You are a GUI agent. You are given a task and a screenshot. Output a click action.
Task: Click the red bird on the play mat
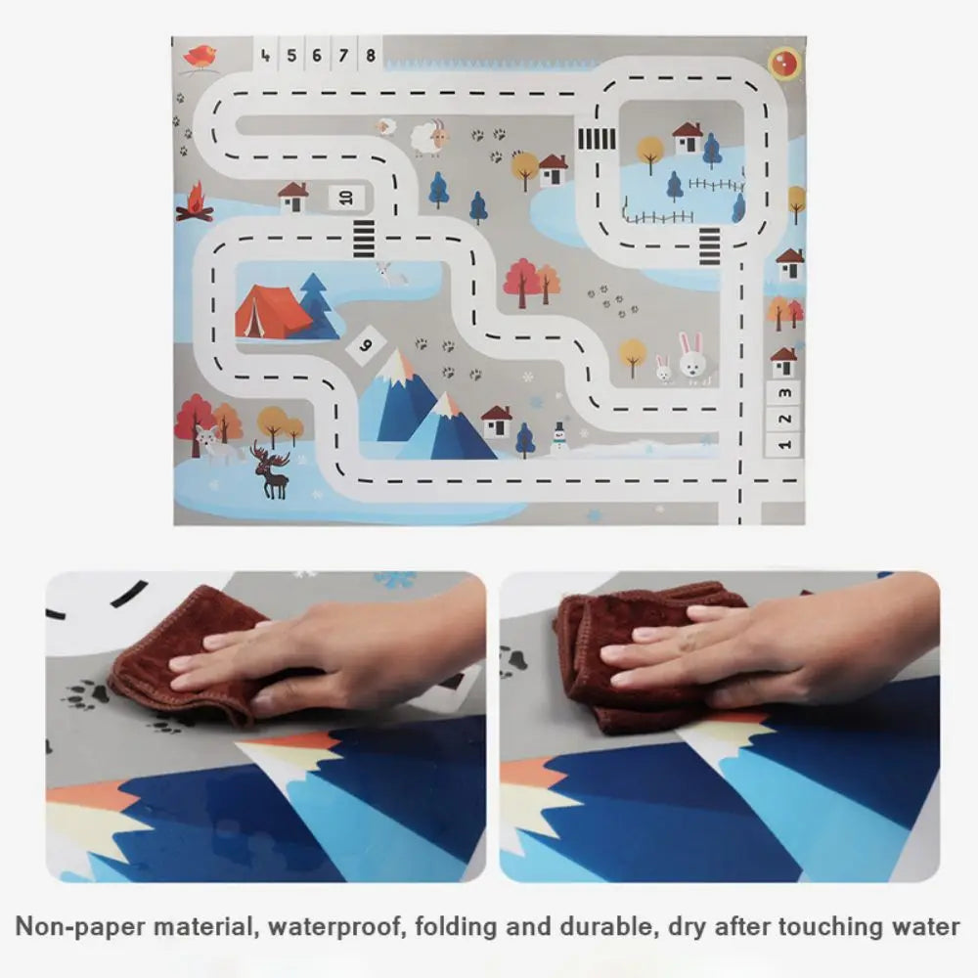coord(200,57)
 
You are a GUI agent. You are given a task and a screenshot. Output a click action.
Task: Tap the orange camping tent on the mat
coord(271,311)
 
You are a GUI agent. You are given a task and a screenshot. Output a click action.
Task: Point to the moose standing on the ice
coord(272,470)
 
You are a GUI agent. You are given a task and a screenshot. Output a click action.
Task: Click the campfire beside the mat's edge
coord(194,203)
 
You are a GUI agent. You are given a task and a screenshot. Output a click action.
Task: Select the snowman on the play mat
coord(558,436)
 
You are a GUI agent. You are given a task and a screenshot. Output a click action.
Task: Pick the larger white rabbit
coord(692,357)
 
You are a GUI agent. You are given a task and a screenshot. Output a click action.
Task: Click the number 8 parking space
coord(370,55)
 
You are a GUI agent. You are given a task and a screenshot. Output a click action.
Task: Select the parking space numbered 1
coord(783,443)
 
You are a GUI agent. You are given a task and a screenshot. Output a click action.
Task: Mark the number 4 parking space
coord(266,55)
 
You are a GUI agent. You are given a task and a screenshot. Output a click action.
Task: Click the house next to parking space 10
coord(292,198)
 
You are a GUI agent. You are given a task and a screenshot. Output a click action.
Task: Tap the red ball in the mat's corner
coord(782,63)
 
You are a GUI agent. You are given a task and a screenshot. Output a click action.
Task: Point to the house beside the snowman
coord(497,422)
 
